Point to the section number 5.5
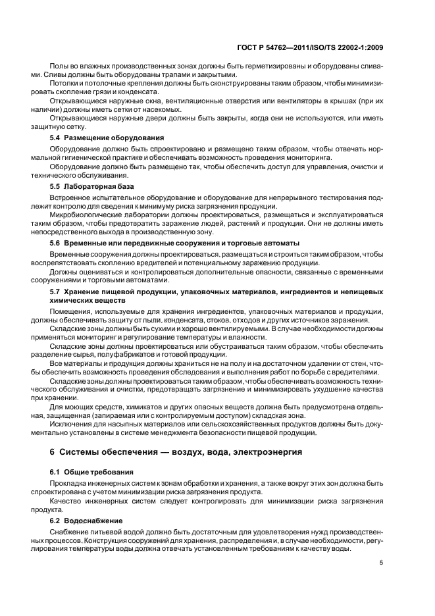(x=56, y=187)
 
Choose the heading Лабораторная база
(x=101, y=187)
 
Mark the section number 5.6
(x=56, y=243)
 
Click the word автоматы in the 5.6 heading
(x=281, y=243)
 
